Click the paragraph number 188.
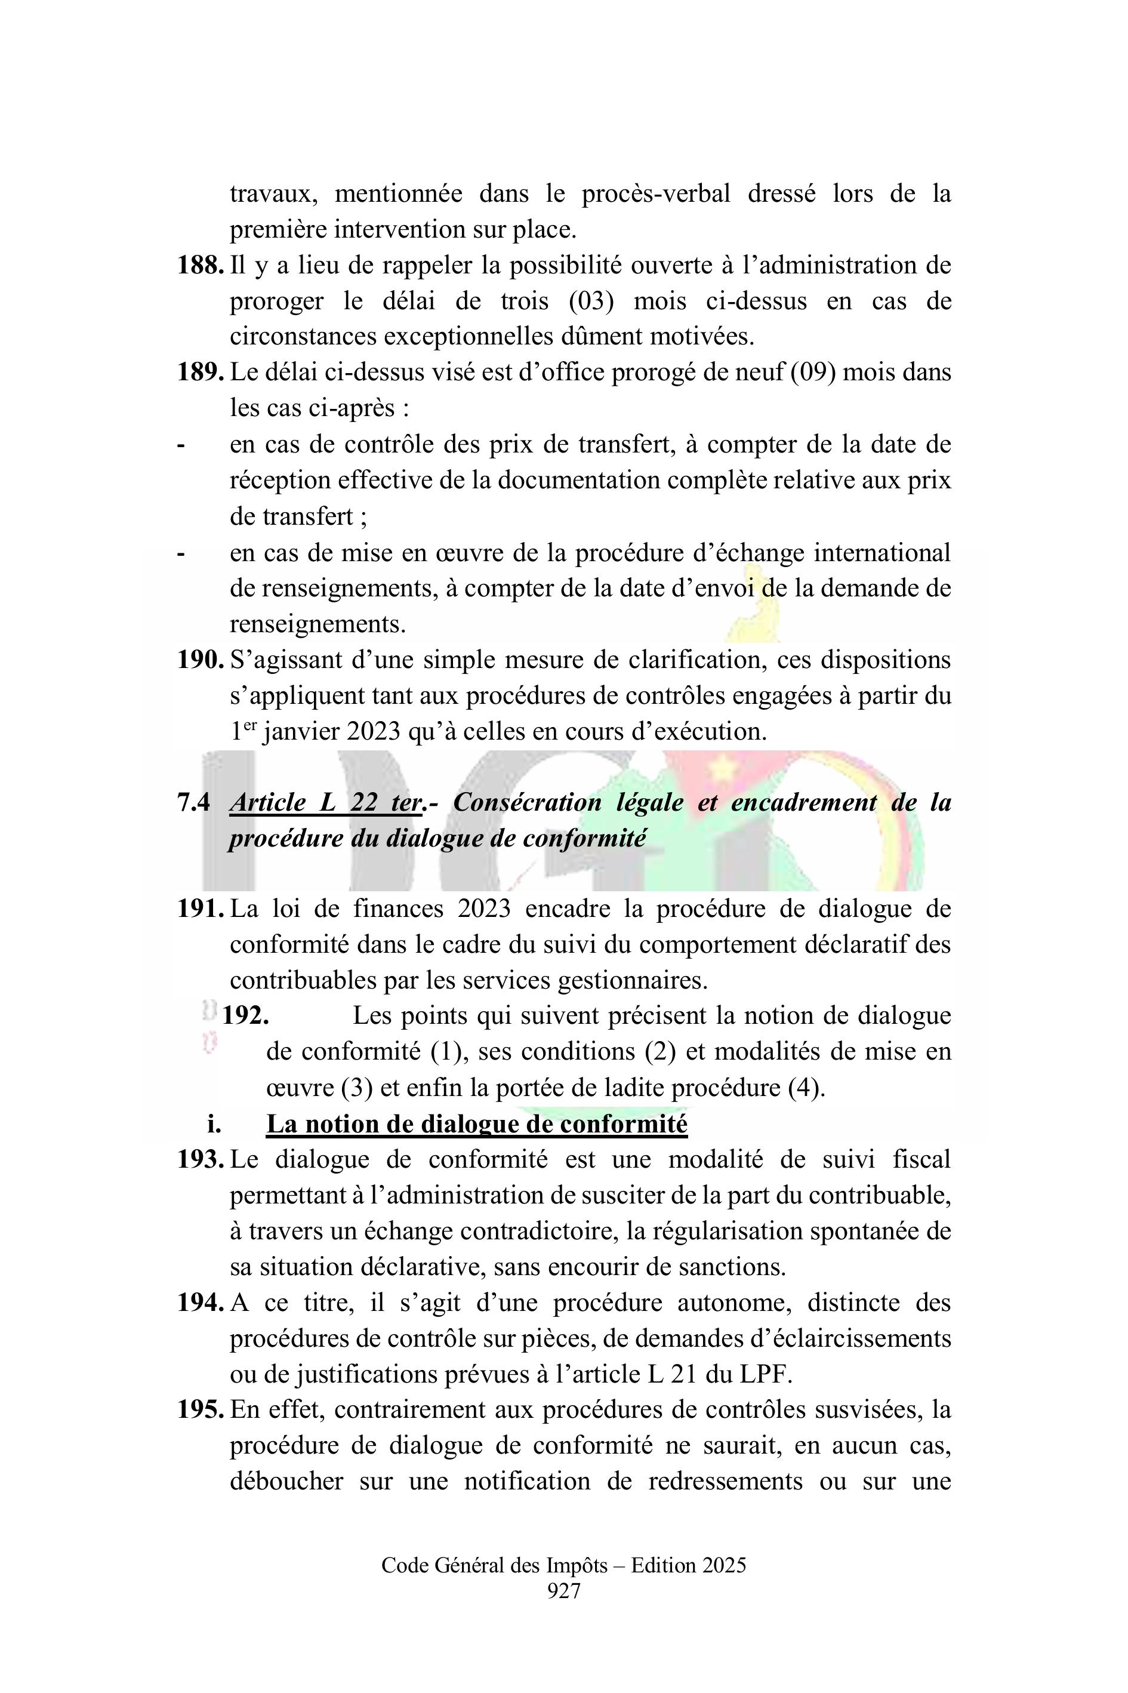[x=200, y=266]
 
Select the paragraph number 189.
[x=200, y=373]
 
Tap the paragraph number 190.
[x=200, y=660]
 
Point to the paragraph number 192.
[x=245, y=1016]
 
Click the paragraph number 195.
[x=200, y=1409]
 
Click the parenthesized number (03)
[x=591, y=301]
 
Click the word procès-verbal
[x=655, y=194]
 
